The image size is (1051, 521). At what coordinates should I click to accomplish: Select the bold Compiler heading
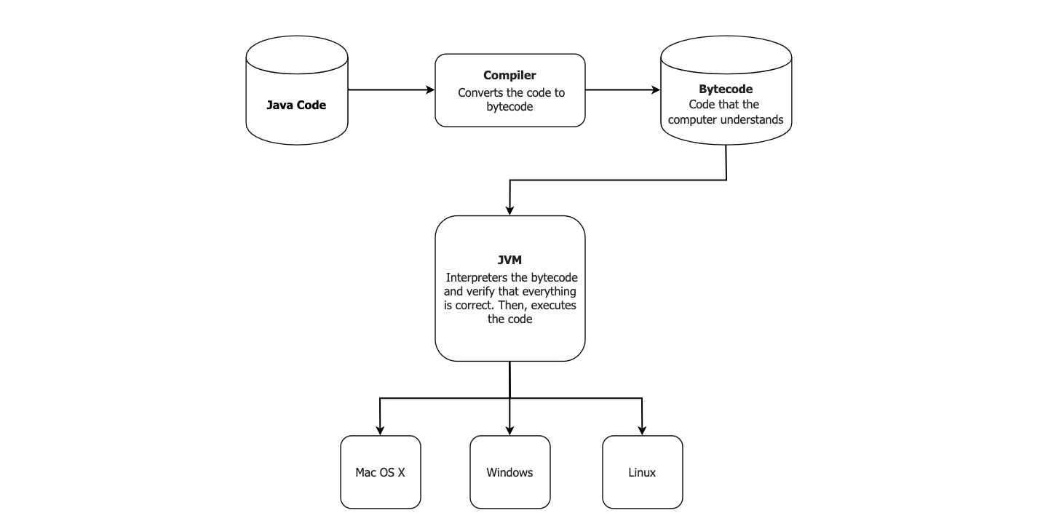click(509, 76)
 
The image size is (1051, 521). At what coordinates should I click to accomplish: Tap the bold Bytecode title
click(725, 90)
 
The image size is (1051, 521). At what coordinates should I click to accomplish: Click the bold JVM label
click(509, 260)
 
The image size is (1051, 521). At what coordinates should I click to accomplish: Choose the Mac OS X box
click(380, 472)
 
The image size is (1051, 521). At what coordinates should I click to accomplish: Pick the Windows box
click(509, 472)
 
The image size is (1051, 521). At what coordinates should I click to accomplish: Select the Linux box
click(642, 472)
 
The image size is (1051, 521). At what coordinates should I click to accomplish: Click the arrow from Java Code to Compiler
click(391, 90)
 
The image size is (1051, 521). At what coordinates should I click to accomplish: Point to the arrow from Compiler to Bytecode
click(622, 90)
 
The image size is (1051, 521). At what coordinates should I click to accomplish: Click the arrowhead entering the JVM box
click(509, 210)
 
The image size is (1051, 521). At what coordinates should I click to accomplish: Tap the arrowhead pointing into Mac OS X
click(380, 429)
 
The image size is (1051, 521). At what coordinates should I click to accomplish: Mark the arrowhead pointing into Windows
click(509, 429)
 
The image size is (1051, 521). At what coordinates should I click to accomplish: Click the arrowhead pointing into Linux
click(642, 429)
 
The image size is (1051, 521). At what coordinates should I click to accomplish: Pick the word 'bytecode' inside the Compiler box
click(509, 107)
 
